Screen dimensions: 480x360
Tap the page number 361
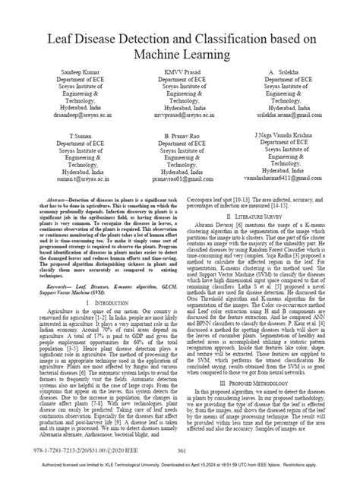pos(181,452)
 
